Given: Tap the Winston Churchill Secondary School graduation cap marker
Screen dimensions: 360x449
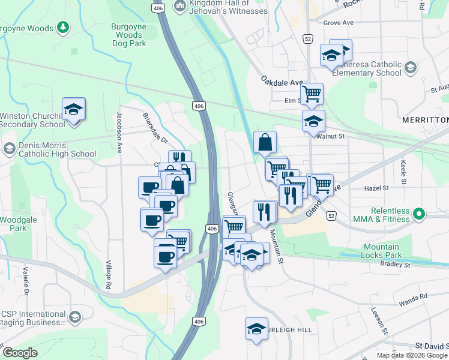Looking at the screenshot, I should pyautogui.click(x=73, y=110).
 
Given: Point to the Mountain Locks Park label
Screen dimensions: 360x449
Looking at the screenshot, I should pyautogui.click(x=382, y=251).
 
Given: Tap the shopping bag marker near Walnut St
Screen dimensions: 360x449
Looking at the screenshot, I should pyautogui.click(x=265, y=143).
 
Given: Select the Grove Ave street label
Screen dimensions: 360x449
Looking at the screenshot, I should pyautogui.click(x=339, y=23).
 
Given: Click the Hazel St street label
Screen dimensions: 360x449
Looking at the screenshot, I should pyautogui.click(x=377, y=188).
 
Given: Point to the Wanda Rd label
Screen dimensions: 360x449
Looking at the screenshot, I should pyautogui.click(x=415, y=296).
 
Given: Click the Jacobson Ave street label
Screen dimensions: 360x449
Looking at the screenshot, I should pyautogui.click(x=119, y=132).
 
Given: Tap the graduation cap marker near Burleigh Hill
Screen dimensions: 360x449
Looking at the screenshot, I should pyautogui.click(x=256, y=329).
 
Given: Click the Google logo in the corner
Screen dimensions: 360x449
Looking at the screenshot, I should pyautogui.click(x=20, y=353).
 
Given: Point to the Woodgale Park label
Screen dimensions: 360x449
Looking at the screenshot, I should pyautogui.click(x=13, y=224).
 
